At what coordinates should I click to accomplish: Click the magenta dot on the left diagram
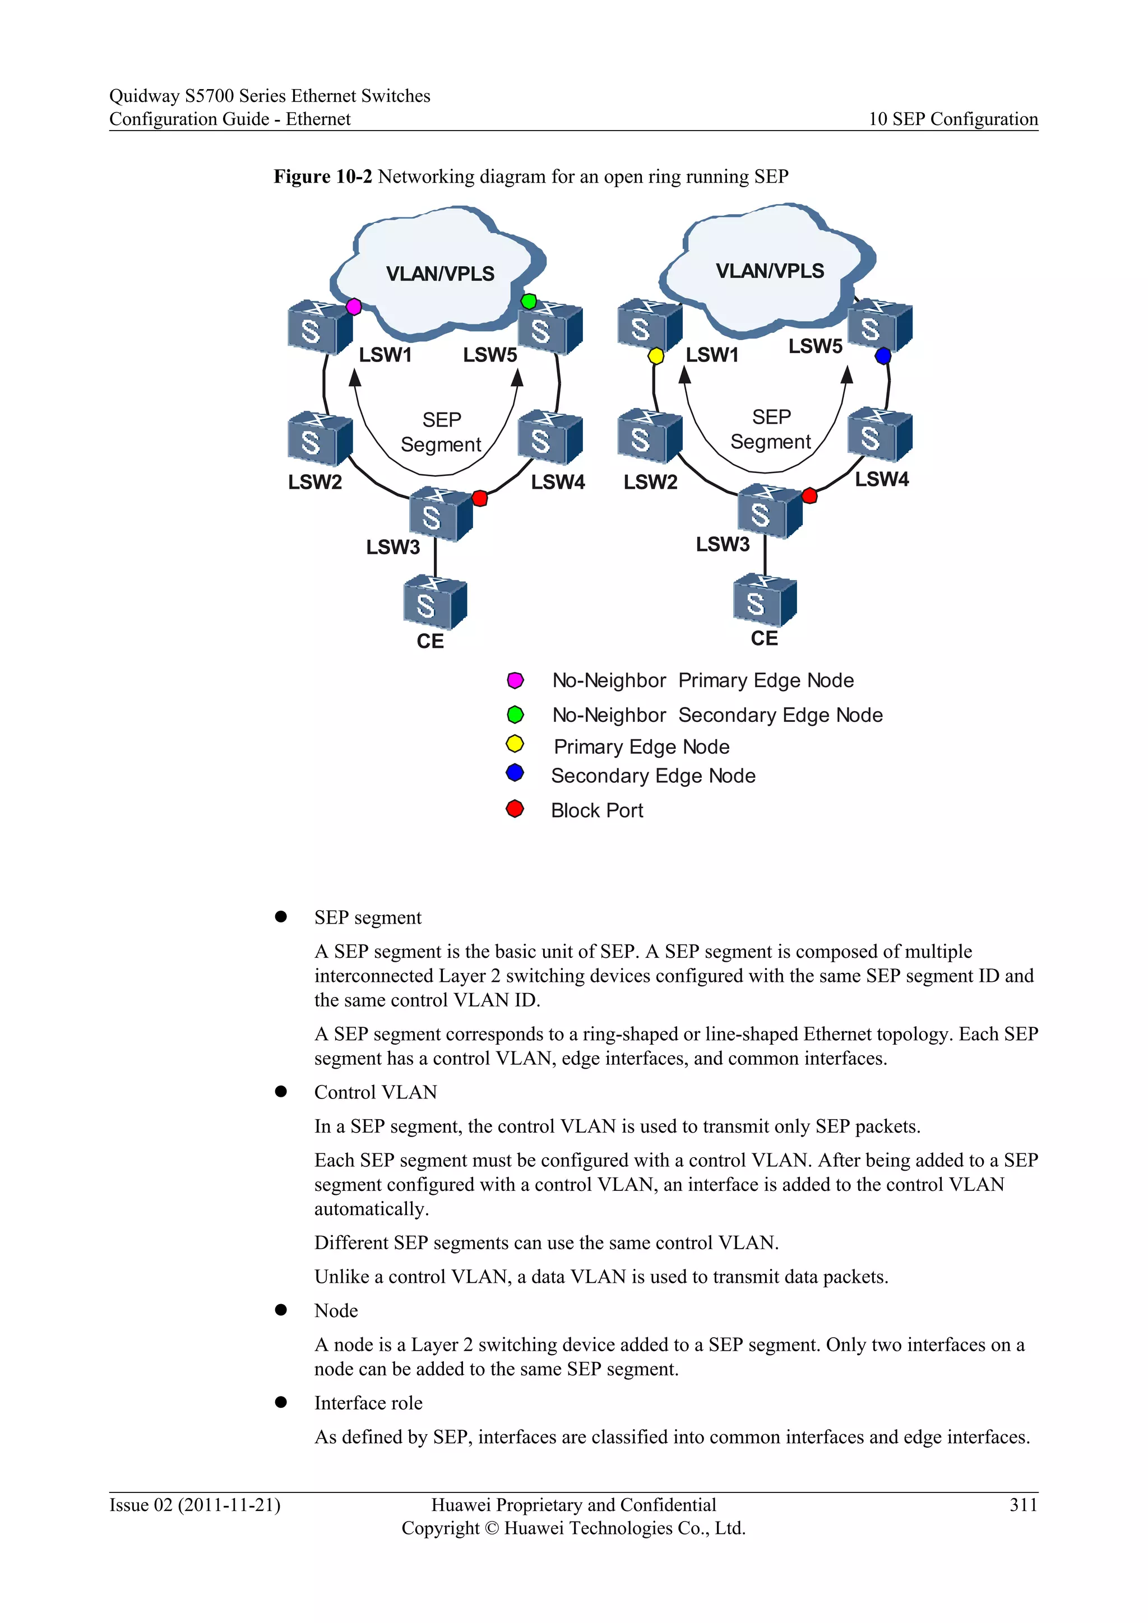(354, 307)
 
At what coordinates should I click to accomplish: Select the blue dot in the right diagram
(883, 355)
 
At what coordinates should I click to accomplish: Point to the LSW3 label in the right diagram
(723, 544)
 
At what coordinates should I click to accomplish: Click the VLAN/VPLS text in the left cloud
(439, 273)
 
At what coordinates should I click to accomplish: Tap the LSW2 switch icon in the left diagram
(320, 438)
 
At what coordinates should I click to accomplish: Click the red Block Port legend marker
(515, 809)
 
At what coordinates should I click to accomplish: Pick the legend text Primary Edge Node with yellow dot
(641, 747)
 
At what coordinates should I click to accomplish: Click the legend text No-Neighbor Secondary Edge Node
(717, 715)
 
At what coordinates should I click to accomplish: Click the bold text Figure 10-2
(322, 177)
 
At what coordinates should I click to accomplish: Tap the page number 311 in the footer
(1023, 1505)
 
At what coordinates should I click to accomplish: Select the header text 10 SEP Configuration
(953, 119)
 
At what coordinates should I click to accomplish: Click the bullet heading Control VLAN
(376, 1092)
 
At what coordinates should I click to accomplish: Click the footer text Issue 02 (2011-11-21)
(195, 1505)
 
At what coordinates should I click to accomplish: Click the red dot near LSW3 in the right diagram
(810, 495)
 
